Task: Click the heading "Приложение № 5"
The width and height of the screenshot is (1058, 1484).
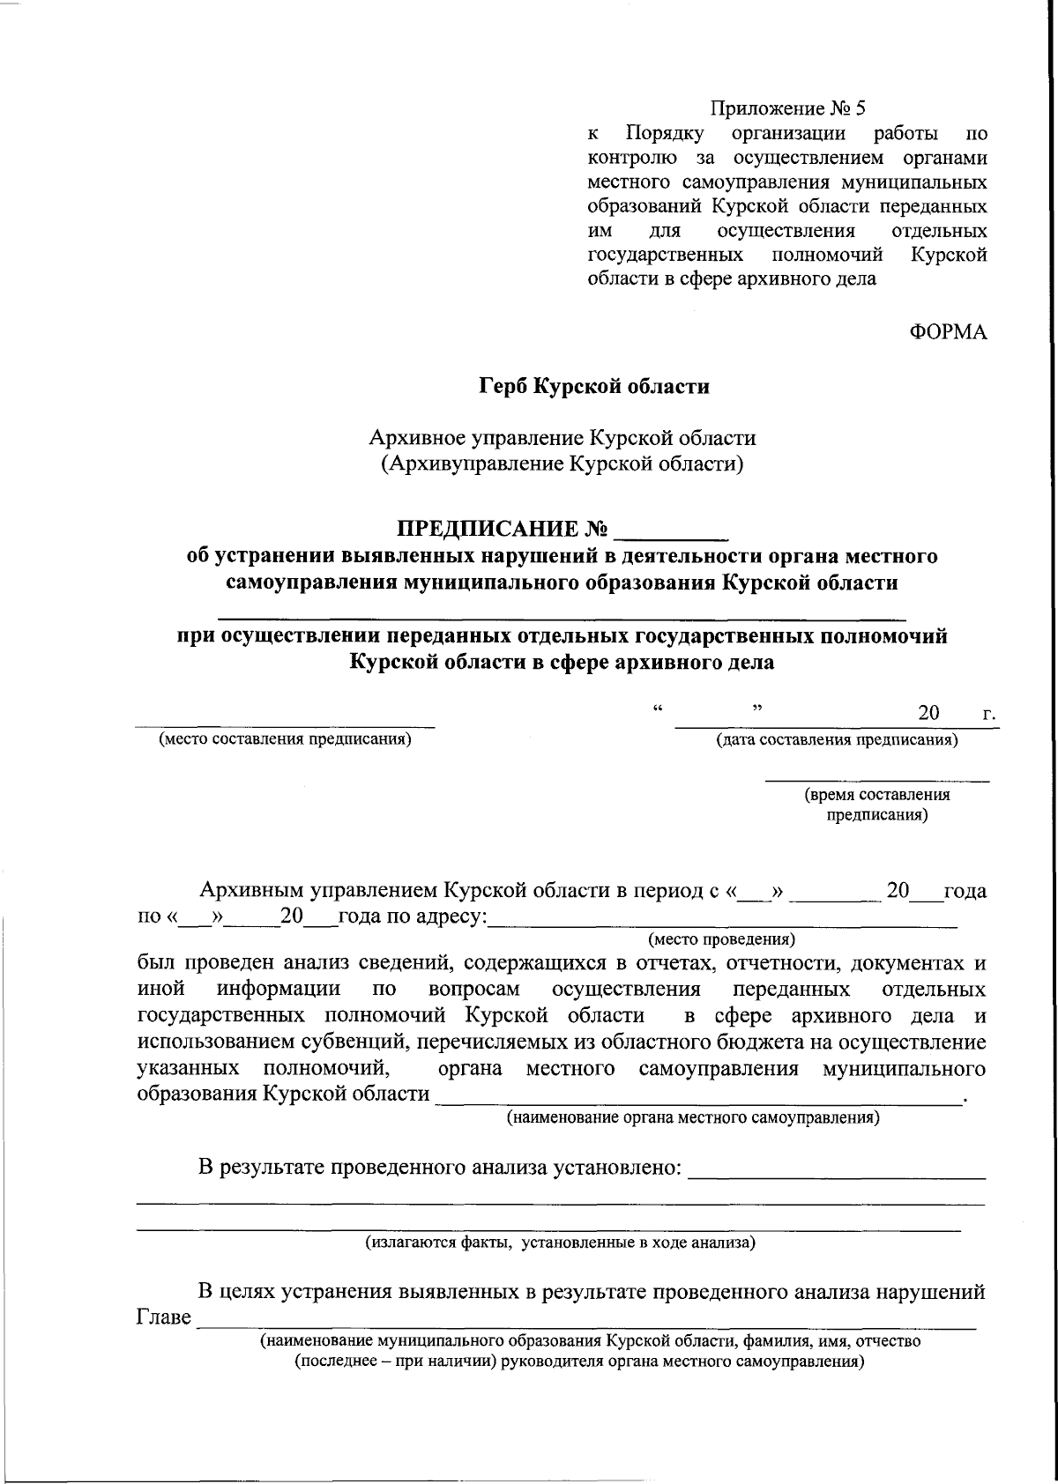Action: coord(788,109)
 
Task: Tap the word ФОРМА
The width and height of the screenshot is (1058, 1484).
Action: coord(948,332)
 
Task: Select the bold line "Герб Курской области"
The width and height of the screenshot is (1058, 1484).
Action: coord(594,387)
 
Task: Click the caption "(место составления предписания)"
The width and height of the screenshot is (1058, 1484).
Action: coord(285,739)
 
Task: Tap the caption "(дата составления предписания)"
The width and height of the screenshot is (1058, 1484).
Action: coord(837,739)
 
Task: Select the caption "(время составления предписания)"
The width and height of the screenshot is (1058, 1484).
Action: coord(876,805)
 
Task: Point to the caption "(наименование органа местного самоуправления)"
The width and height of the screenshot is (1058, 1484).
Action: coord(692,1118)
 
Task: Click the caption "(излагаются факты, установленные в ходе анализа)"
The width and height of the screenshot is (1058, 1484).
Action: coord(561,1243)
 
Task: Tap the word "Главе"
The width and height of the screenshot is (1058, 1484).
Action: coord(164,1318)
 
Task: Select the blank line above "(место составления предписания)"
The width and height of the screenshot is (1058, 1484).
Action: coord(285,726)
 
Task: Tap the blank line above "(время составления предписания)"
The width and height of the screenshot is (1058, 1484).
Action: coord(876,781)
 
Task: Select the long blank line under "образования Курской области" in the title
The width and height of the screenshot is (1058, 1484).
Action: coord(562,611)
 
